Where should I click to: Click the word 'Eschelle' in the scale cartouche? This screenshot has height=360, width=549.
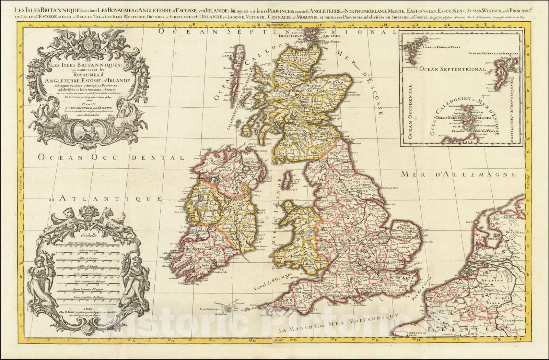[x=89, y=236]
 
